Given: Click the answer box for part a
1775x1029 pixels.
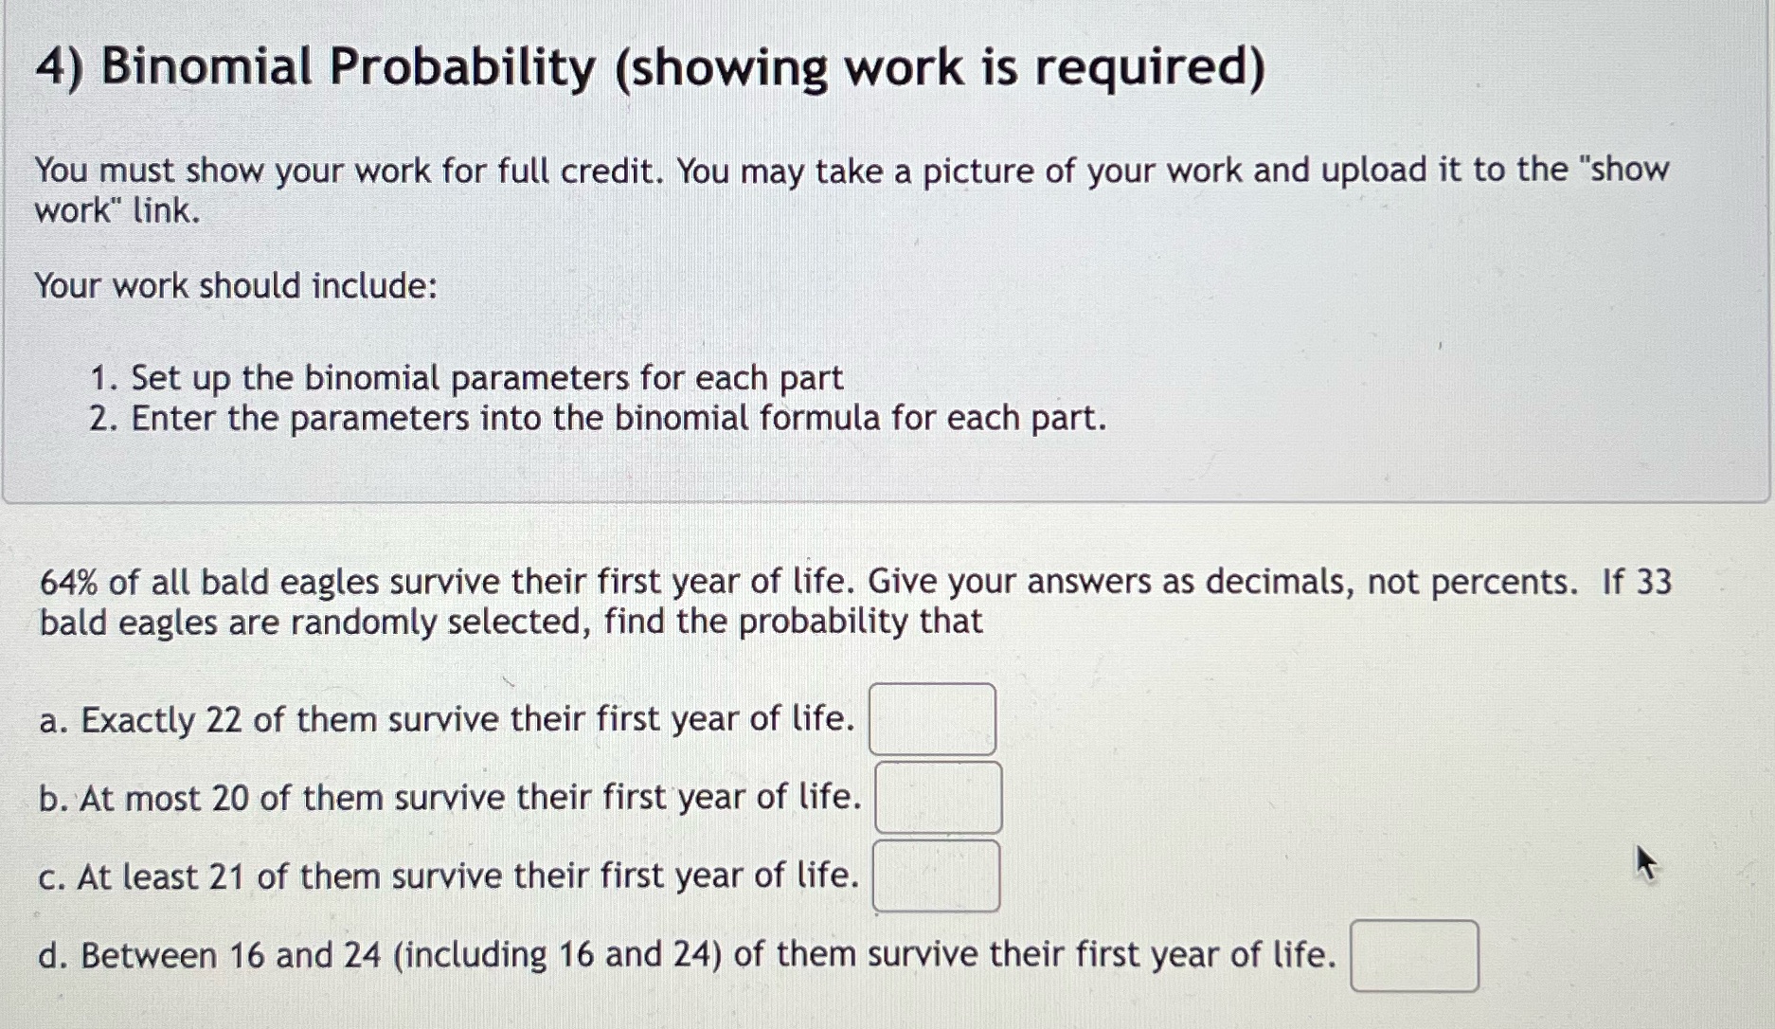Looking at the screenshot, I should point(932,719).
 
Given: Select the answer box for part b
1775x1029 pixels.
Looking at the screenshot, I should point(938,798).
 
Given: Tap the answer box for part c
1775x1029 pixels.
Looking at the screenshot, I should point(936,876).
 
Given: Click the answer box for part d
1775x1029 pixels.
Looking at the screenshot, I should point(1413,956).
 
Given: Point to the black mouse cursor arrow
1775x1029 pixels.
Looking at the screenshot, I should point(1646,862).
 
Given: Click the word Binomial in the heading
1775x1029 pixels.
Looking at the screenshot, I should point(206,68).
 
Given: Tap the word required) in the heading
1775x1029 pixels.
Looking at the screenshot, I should point(1149,68).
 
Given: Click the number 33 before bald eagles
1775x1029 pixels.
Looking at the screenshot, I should point(1654,582).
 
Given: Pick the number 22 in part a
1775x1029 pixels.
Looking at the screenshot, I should point(224,720).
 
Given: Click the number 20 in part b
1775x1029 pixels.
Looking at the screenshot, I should point(230,799).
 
